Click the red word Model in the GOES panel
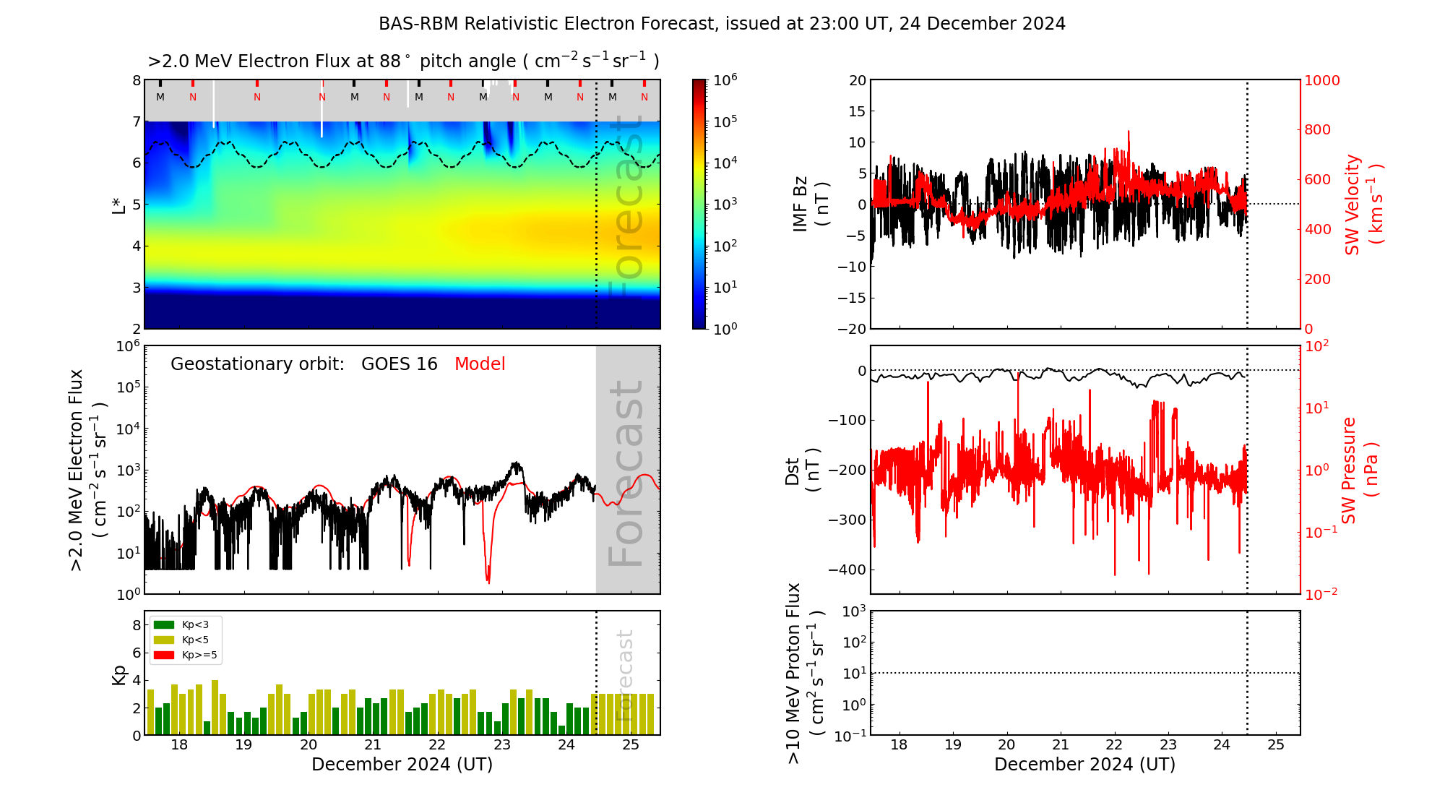(x=480, y=364)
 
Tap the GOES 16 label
(x=400, y=364)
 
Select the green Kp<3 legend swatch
(x=164, y=624)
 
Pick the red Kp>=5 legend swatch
(x=164, y=656)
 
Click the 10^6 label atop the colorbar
(x=725, y=79)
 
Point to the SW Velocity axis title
(x=1363, y=204)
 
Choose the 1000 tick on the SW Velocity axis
(x=1321, y=80)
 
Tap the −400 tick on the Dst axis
(x=847, y=570)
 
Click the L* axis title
(x=119, y=204)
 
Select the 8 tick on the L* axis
(x=137, y=80)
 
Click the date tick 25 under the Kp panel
(x=631, y=745)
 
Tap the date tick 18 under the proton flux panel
(x=899, y=745)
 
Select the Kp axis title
(x=119, y=674)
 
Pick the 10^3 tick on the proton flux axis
(x=854, y=611)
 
